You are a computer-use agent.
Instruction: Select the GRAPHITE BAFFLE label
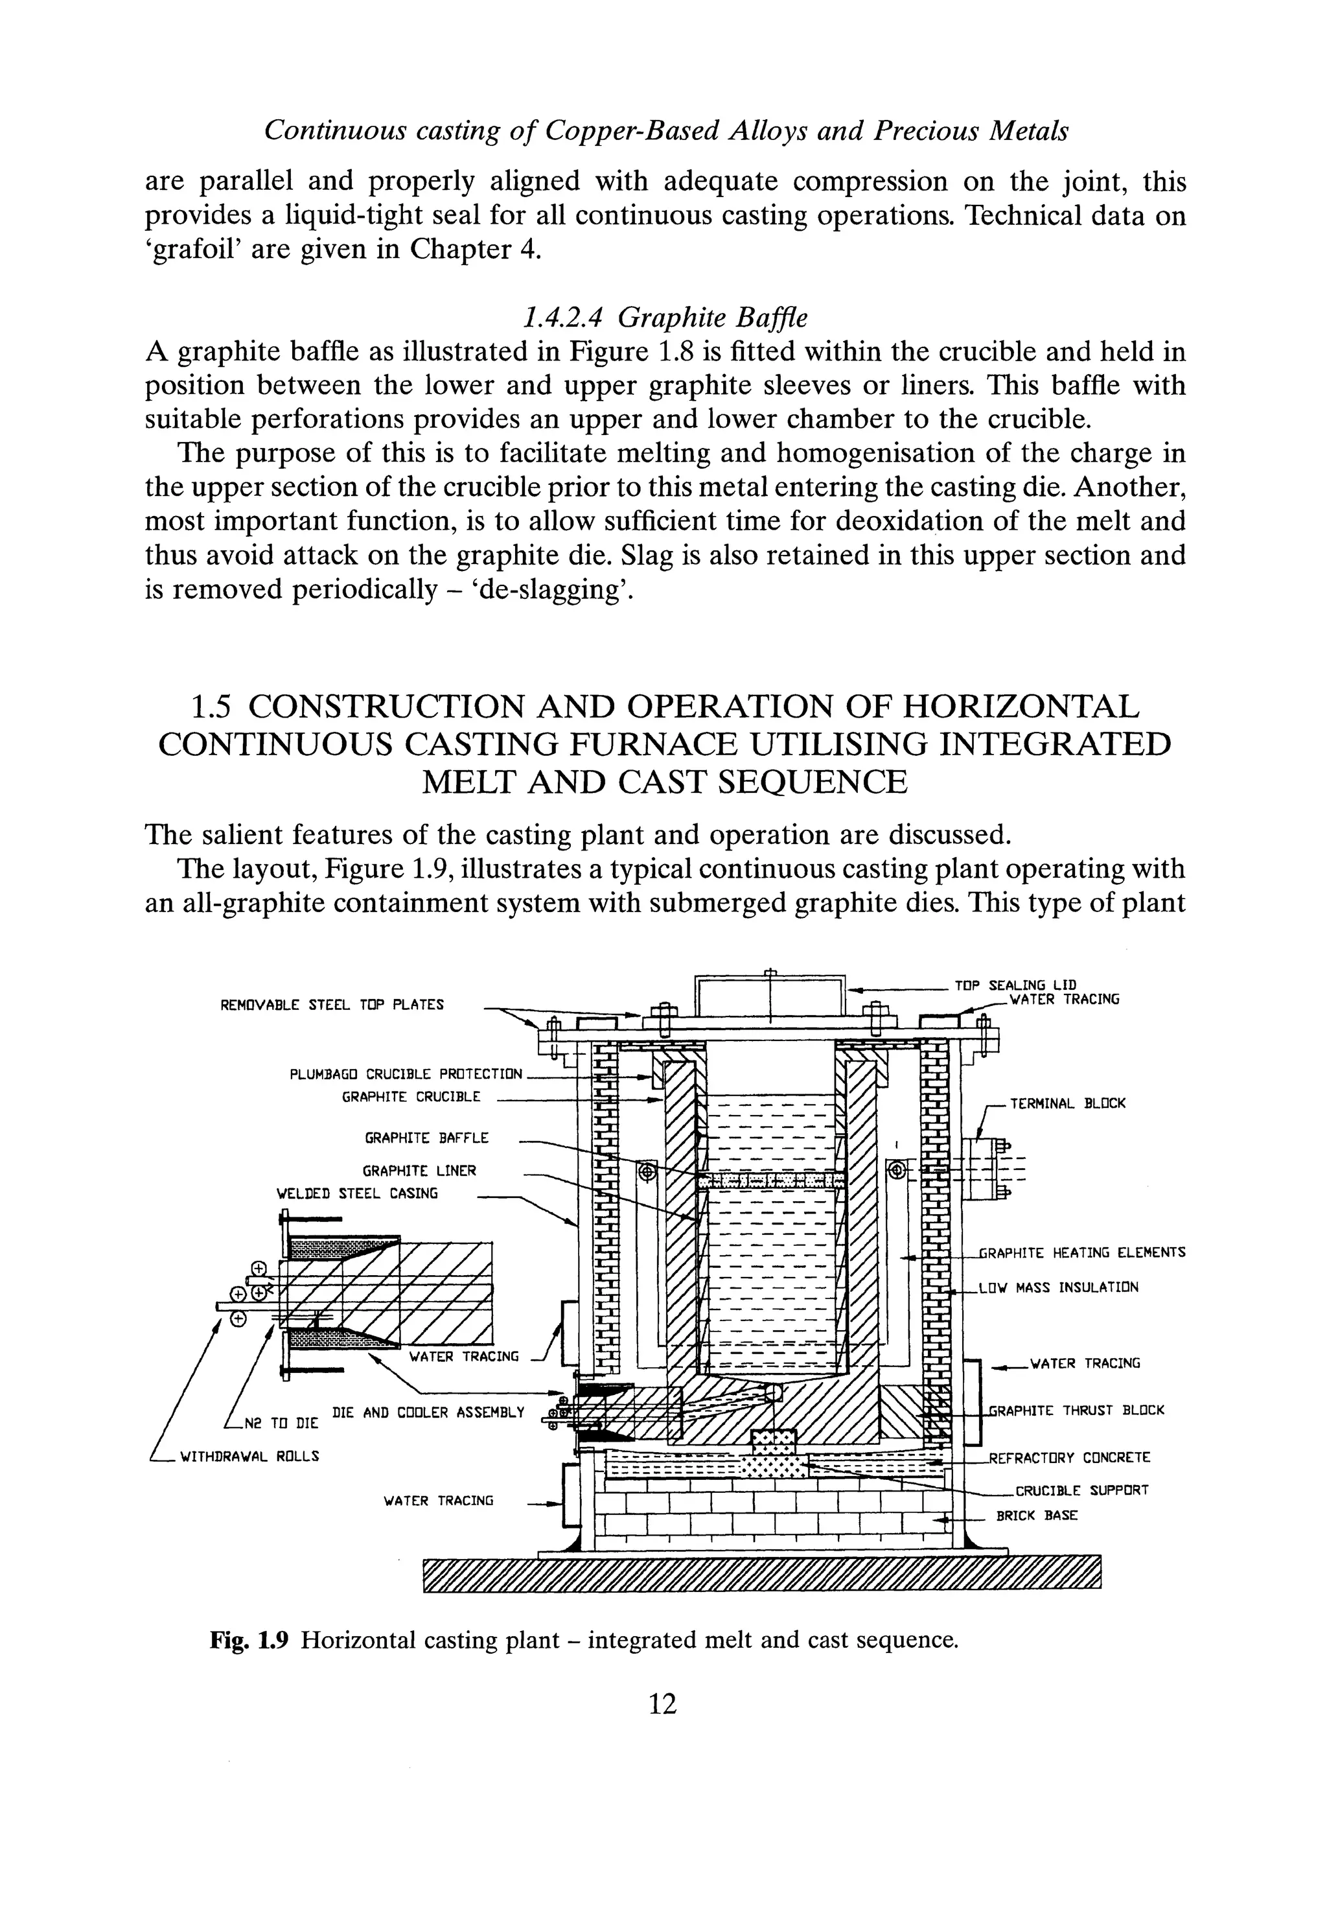coord(426,1138)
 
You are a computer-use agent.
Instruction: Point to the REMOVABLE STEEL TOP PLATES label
coord(332,1005)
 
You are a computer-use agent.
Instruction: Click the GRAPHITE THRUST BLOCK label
coord(1077,1411)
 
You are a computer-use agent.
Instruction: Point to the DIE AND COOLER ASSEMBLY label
coord(428,1412)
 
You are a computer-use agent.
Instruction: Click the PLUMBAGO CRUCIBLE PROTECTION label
coord(406,1074)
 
